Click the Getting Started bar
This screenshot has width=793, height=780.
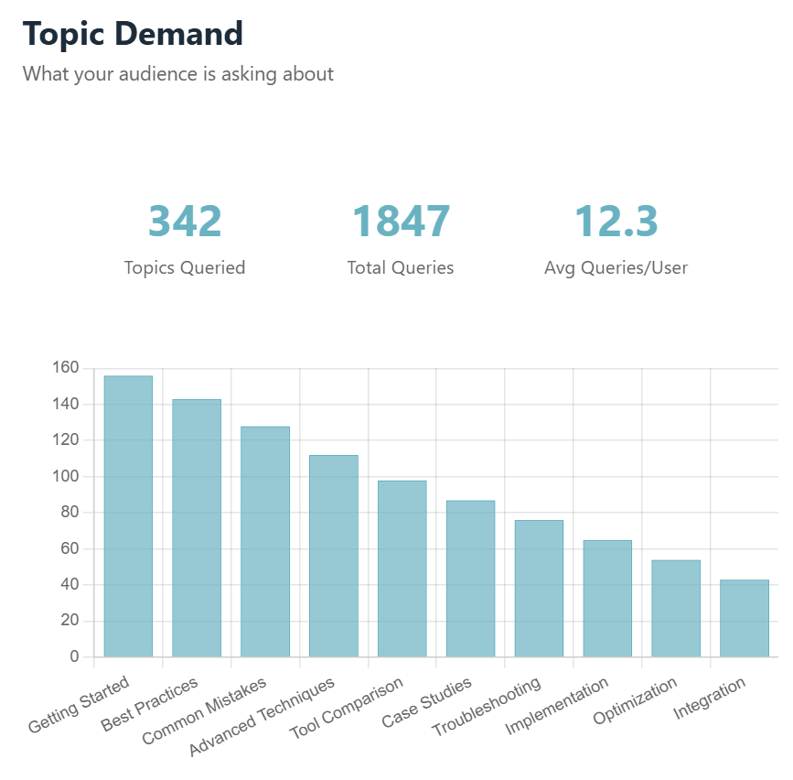pos(128,516)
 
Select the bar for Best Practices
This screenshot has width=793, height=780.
pos(197,528)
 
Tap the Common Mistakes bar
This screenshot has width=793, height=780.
pos(265,542)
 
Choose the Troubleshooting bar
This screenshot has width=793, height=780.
pos(539,589)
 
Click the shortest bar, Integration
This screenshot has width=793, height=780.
pos(744,618)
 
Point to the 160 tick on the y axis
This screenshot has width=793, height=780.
pos(66,368)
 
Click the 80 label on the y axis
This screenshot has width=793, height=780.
pos(70,513)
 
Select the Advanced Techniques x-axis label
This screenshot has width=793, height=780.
pos(263,717)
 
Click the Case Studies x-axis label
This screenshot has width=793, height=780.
pos(426,703)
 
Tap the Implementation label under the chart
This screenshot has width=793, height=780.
pos(557,706)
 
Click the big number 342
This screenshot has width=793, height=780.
pos(185,221)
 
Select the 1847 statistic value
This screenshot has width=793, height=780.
pos(401,221)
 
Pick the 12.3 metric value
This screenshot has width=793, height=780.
pos(616,221)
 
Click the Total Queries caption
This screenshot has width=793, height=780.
pos(401,268)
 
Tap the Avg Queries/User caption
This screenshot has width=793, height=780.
pos(616,268)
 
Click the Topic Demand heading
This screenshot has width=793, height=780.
pos(134,34)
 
